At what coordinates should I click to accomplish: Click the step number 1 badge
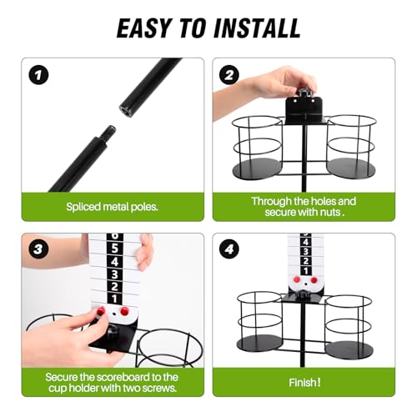click(38, 75)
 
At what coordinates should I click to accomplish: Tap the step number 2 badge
click(229, 75)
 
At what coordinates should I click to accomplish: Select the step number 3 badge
click(38, 249)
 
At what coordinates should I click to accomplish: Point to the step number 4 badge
click(229, 249)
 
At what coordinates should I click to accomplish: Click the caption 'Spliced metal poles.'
click(112, 207)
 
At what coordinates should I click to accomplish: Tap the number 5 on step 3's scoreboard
click(114, 248)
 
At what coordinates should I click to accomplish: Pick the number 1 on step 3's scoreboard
click(114, 299)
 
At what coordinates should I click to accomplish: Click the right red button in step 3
click(125, 311)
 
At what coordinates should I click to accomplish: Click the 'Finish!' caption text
click(304, 383)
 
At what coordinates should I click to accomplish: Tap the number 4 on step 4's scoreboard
click(305, 242)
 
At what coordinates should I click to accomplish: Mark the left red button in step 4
click(297, 279)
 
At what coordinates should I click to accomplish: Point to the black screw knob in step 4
click(302, 294)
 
